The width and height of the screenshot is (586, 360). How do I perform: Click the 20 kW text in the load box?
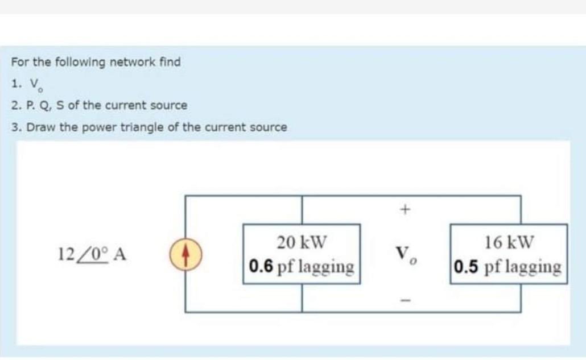point(302,242)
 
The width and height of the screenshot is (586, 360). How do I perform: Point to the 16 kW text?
point(509,242)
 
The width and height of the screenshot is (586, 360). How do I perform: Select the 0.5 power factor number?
point(467,266)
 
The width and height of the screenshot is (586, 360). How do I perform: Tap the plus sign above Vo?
point(405,210)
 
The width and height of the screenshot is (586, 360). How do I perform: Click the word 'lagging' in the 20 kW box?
point(327,267)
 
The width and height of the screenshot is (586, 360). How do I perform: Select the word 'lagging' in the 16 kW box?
point(533,267)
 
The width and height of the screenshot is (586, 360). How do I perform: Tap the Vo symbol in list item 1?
point(35,85)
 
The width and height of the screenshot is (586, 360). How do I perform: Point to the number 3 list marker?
point(14,127)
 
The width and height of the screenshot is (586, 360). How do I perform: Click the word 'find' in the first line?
point(170,61)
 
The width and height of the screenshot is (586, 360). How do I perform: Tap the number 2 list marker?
point(14,106)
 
